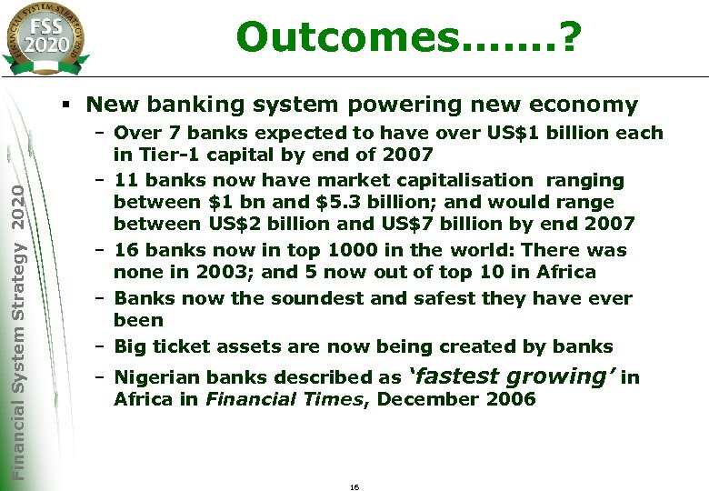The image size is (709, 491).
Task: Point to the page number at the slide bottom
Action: click(354, 487)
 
